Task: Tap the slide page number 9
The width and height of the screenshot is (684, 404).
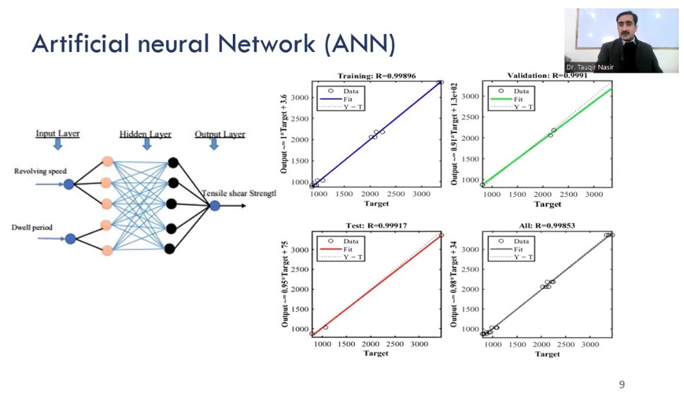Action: tap(622, 385)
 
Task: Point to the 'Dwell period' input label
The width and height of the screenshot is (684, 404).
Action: tap(32, 227)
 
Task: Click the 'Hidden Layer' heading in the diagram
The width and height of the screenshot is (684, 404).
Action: tap(145, 134)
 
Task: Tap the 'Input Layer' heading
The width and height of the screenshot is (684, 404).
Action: tap(57, 134)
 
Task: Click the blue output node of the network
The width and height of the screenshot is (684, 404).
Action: tap(214, 205)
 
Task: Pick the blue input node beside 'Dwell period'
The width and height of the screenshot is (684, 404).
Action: tap(71, 239)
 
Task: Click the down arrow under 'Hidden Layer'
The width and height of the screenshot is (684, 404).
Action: tap(145, 146)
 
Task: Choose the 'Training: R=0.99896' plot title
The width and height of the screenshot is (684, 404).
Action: tap(376, 76)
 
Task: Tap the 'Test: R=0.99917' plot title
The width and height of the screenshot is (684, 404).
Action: tap(376, 225)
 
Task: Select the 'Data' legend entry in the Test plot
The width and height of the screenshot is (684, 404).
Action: tap(350, 241)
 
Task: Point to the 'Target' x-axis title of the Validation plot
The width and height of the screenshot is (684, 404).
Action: tap(547, 204)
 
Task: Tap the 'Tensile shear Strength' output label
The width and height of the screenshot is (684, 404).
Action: tap(239, 193)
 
